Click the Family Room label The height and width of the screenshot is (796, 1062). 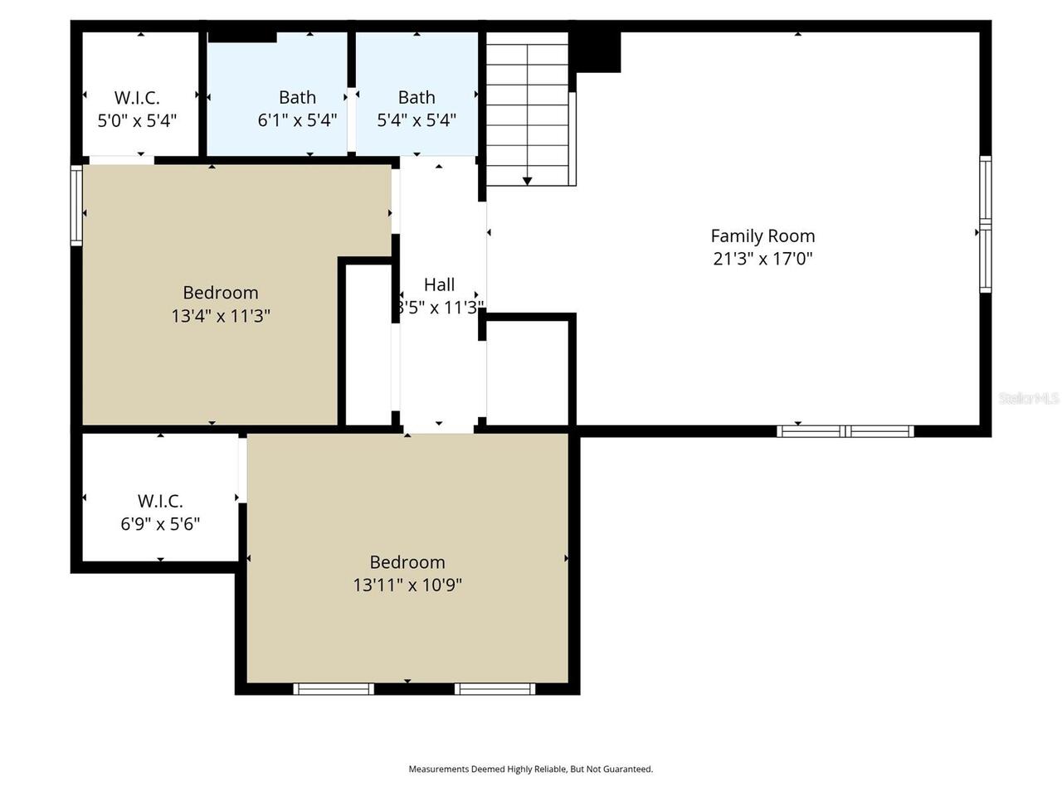(762, 235)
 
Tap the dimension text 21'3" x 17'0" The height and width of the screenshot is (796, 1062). (762, 259)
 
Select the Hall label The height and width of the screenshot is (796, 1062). (439, 284)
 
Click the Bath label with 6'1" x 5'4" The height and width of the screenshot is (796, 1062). (297, 97)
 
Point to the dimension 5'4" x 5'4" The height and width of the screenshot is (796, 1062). (417, 120)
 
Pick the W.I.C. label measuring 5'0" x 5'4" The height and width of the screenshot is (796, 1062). (137, 97)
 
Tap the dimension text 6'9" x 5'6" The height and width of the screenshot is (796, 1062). (160, 524)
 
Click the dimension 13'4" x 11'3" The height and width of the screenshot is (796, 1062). (221, 316)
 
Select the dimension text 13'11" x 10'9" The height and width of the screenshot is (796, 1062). (407, 585)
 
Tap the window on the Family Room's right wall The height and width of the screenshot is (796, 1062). (985, 224)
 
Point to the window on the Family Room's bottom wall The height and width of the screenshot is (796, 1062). (845, 430)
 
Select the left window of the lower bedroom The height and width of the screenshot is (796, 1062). (334, 688)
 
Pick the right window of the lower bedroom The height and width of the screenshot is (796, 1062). (494, 688)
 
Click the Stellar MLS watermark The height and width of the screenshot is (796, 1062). (1029, 398)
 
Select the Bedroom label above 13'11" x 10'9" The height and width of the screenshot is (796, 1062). (407, 561)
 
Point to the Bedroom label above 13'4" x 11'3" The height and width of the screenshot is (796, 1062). (221, 293)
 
